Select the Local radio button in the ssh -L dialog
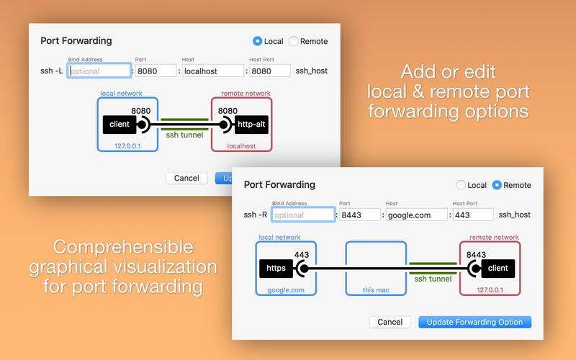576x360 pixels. (x=258, y=41)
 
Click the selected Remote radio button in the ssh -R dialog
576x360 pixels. (x=497, y=185)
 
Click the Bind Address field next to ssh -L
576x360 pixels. (x=99, y=71)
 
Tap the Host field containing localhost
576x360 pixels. (x=212, y=71)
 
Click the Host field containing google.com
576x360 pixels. (x=417, y=215)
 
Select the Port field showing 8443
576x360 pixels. (x=359, y=215)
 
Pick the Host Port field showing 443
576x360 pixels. (x=473, y=215)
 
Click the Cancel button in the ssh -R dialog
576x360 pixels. (x=390, y=322)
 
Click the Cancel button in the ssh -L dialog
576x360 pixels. (x=186, y=178)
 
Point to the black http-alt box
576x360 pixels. (x=251, y=125)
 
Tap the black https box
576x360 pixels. (x=276, y=269)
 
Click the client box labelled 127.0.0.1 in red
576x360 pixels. (x=498, y=269)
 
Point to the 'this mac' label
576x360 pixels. (x=376, y=290)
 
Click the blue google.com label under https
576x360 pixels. (x=286, y=290)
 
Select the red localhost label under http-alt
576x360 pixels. (x=241, y=146)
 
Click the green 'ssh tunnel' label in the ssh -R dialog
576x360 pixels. (x=433, y=279)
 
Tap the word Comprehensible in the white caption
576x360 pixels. (x=123, y=247)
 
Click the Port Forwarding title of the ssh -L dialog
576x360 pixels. (x=76, y=41)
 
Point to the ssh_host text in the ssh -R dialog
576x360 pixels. (x=514, y=215)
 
